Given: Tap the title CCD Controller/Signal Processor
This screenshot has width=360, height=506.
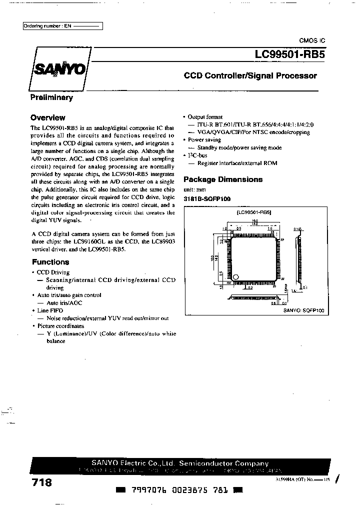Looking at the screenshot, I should (250, 76).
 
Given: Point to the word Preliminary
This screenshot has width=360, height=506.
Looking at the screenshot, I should (51, 98).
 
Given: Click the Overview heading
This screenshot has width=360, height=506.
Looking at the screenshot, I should (47, 118).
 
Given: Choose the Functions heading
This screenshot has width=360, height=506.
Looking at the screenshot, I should (50, 262).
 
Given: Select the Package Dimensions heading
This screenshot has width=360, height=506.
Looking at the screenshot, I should (223, 179).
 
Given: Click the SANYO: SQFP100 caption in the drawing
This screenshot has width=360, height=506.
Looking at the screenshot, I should (304, 310).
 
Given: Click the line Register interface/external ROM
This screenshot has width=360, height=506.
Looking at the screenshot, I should (237, 163).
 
